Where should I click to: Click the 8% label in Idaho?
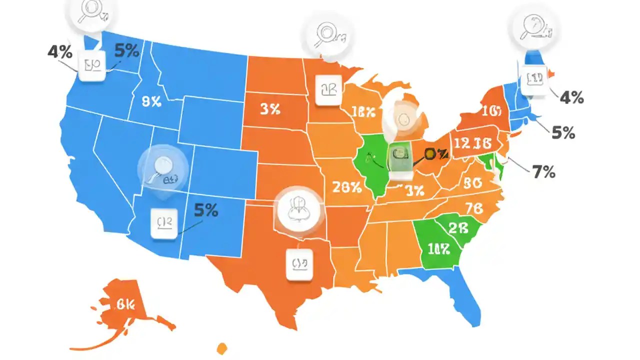[151, 102]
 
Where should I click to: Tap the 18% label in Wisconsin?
[363, 112]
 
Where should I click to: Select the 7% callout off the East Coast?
[543, 172]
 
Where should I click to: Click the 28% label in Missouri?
[346, 187]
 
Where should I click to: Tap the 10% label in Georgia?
[438, 248]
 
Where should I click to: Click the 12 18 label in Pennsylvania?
[477, 143]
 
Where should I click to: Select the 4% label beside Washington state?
[60, 52]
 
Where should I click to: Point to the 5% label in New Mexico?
[205, 210]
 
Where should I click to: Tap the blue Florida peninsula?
[462, 295]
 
